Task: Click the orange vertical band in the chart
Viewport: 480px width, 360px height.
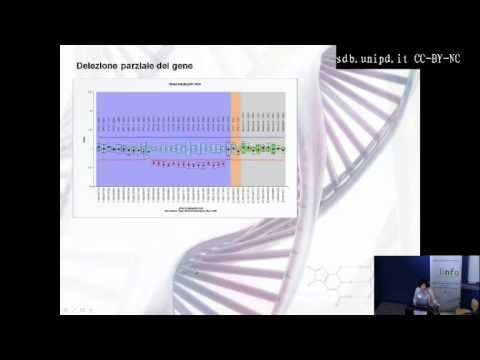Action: tap(236, 138)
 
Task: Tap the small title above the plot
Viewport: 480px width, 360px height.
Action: tap(190, 86)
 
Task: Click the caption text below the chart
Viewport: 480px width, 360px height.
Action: tap(190, 210)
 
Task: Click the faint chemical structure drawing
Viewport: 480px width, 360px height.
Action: tap(335, 270)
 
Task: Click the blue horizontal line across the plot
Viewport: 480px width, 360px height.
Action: tap(190, 136)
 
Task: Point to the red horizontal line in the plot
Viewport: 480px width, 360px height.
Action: tap(190, 158)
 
